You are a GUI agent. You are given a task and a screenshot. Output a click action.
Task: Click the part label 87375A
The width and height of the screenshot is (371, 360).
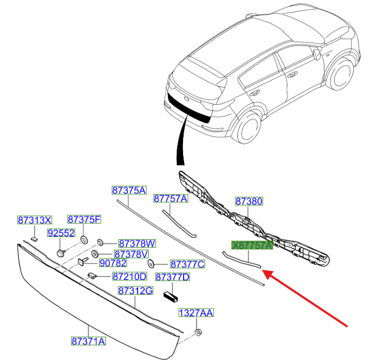[129, 190]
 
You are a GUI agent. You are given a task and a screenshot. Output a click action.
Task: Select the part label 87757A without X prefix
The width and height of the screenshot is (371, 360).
[171, 198]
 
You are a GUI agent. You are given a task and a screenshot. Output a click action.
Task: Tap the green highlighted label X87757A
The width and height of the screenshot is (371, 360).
[252, 245]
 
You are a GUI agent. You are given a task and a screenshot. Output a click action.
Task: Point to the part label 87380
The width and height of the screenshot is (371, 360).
[249, 201]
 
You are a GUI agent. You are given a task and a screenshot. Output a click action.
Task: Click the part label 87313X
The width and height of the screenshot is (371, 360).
[35, 220]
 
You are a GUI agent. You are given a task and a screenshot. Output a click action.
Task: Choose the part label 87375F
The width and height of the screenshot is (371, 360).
[84, 219]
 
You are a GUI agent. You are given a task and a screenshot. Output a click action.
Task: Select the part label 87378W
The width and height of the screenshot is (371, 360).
[137, 243]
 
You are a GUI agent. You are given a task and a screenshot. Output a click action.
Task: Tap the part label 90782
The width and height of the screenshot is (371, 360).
[113, 263]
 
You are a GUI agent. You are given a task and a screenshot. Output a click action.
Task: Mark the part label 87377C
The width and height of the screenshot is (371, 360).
[187, 264]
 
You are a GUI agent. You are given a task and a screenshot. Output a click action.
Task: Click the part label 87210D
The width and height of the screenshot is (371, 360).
[130, 277]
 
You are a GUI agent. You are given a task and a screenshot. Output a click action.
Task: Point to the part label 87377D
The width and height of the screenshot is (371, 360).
[172, 277]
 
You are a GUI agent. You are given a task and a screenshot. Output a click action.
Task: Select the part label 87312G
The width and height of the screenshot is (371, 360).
[135, 290]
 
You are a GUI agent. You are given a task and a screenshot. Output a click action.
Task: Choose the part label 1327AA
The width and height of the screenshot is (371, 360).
[196, 312]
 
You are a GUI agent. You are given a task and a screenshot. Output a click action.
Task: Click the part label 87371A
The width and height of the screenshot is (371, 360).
[88, 341]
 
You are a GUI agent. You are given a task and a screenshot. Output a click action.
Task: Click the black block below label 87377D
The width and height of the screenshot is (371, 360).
[171, 295]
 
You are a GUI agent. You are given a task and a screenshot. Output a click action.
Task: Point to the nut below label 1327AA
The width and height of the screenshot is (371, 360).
[198, 333]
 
